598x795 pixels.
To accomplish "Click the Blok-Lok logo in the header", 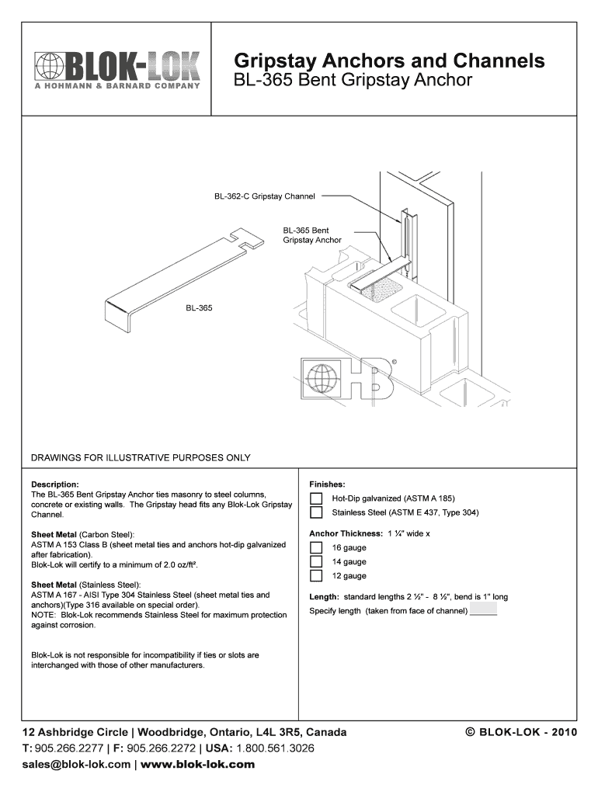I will tap(116, 70).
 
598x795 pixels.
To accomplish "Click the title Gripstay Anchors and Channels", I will tap(389, 61).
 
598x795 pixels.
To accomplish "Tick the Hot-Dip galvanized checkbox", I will tap(316, 498).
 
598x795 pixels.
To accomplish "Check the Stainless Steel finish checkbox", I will tap(316, 512).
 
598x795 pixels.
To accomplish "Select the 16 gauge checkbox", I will tap(316, 548).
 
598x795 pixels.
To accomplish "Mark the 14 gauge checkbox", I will tap(316, 562).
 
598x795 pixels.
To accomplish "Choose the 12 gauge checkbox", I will tap(316, 576).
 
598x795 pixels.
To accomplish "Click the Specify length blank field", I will tap(483, 611).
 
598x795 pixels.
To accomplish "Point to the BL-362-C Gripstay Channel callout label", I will tap(265, 196).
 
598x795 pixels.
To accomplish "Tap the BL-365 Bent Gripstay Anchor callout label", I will tap(312, 235).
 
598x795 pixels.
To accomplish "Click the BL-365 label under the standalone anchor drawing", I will tap(199, 308).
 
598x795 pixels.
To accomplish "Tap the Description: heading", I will tap(55, 484).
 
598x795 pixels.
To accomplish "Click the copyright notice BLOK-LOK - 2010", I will tap(520, 732).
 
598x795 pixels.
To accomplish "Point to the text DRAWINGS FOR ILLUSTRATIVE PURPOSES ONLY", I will tap(141, 457).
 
